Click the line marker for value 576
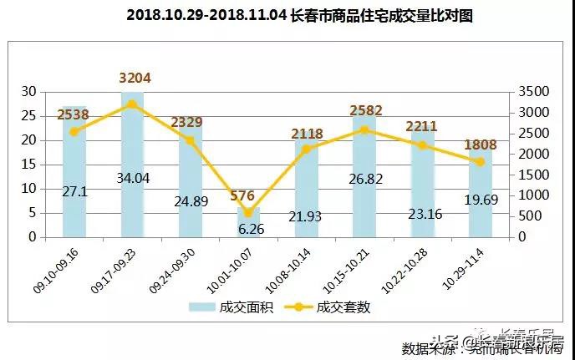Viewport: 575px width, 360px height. coord(249,213)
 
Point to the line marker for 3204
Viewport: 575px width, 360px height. coord(132,104)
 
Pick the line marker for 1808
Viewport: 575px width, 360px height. coord(481,162)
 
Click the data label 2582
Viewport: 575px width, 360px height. coord(364,111)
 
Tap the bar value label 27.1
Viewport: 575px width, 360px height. coord(74,191)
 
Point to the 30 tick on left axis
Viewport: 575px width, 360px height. coord(28,92)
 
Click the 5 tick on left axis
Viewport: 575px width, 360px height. coord(32,212)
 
